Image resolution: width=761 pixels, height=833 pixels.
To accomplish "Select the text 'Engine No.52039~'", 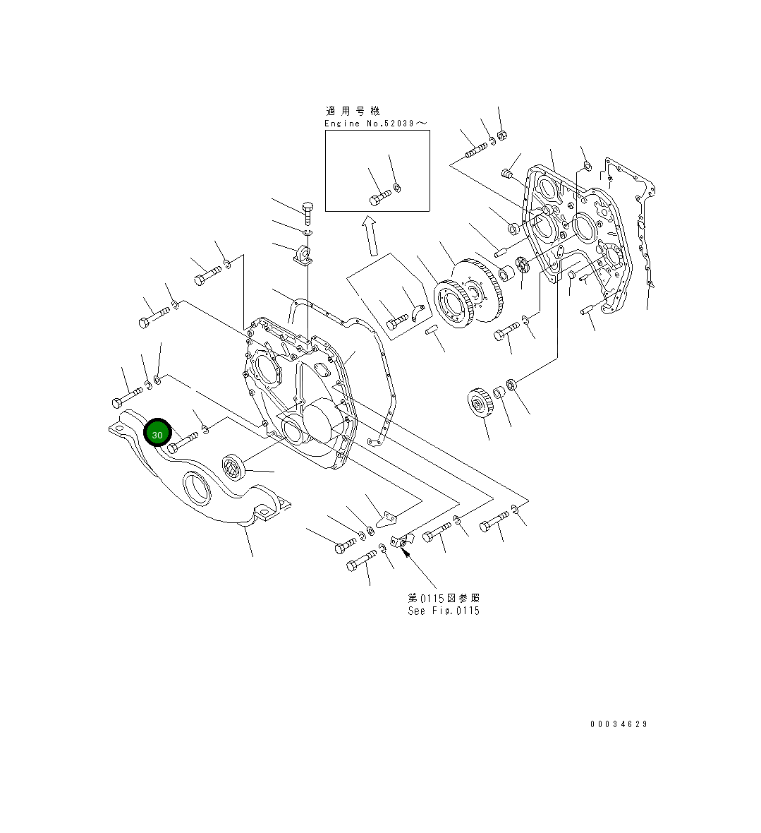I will pos(375,124).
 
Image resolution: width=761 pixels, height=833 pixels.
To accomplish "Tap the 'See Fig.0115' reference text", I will pos(444,611).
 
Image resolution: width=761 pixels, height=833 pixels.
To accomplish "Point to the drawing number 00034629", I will pos(619,724).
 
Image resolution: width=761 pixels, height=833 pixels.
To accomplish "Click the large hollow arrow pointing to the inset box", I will pos(369,236).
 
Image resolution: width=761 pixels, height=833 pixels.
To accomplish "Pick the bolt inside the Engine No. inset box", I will pos(379,197).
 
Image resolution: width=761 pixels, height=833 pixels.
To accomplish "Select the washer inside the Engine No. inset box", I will pos(398,188).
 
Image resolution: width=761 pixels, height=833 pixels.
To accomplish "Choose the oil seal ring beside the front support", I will pos(233,467).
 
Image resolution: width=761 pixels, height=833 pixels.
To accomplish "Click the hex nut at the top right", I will pos(502,136).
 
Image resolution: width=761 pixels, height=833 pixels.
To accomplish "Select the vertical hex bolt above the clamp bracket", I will pos(307,210).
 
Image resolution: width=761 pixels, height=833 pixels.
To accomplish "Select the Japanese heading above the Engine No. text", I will pos(353,111).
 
